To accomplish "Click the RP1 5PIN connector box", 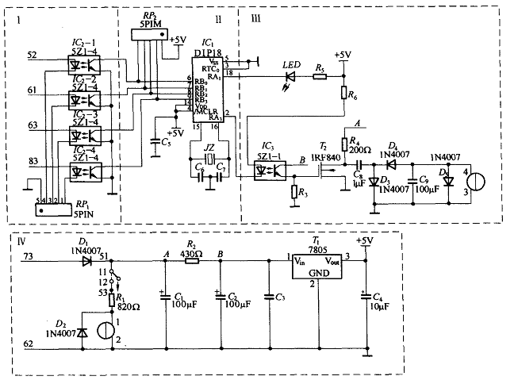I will tap(48, 210).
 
